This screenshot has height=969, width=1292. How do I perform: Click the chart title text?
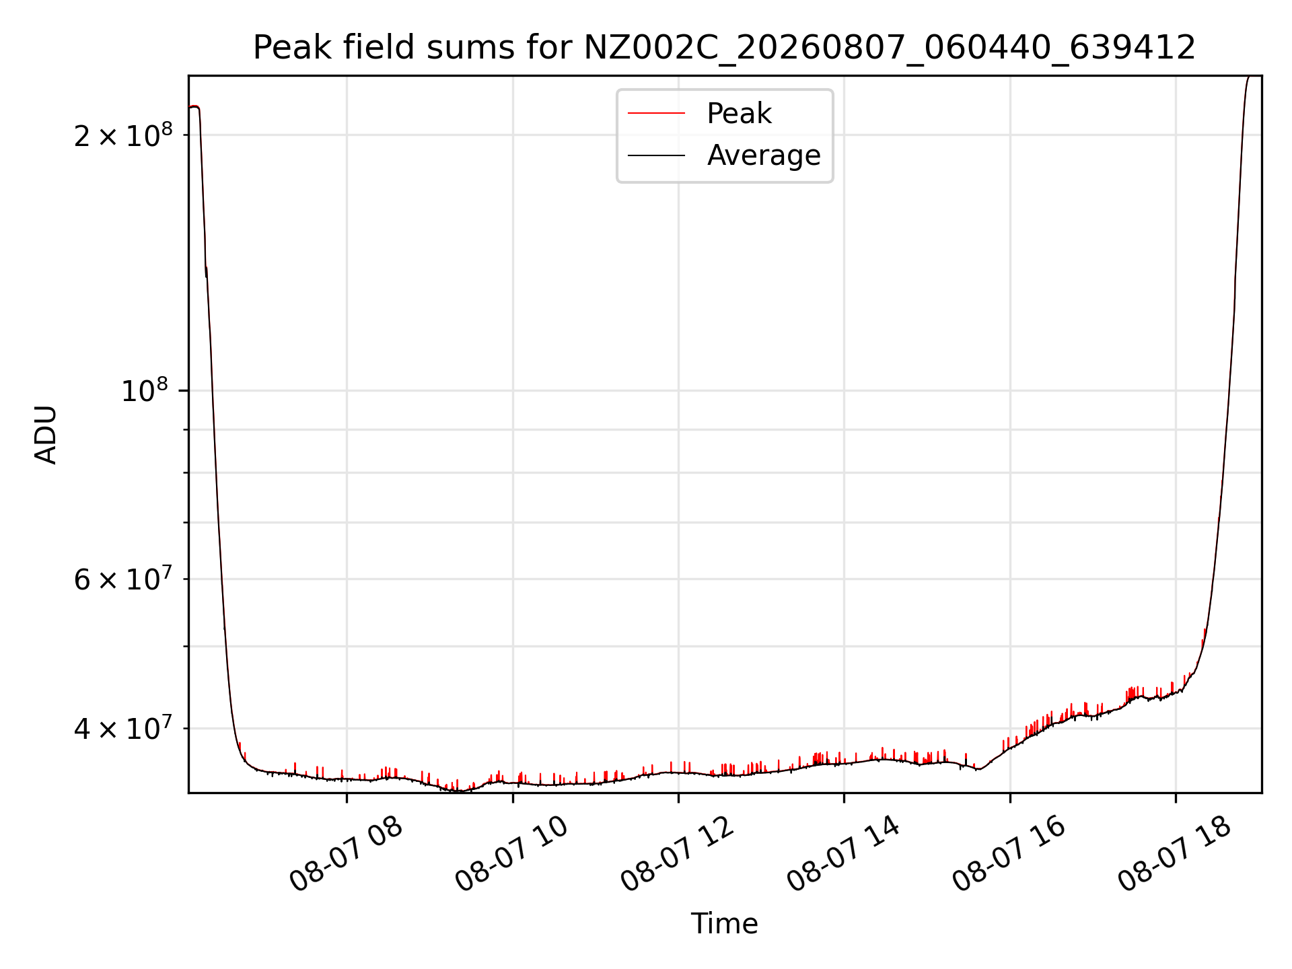click(x=724, y=48)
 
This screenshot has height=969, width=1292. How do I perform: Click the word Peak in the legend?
click(x=739, y=114)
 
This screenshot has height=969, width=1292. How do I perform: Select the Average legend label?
click(x=764, y=155)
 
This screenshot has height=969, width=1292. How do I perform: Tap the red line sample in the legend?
click(x=656, y=114)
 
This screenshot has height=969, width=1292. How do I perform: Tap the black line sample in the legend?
click(x=656, y=155)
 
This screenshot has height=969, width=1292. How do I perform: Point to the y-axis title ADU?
click(x=46, y=435)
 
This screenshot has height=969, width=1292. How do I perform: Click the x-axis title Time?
click(x=724, y=924)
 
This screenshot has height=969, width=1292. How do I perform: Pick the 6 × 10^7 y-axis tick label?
click(x=123, y=578)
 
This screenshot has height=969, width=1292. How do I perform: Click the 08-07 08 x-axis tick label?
click(x=346, y=854)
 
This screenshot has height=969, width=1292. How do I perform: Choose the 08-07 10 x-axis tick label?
click(x=512, y=854)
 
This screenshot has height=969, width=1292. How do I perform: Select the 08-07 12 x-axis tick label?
click(x=678, y=854)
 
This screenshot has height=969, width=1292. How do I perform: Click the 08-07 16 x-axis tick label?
click(x=1009, y=854)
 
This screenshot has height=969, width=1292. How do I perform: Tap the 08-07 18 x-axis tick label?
click(x=1175, y=854)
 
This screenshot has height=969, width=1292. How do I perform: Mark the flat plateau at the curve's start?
click(x=194, y=106)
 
